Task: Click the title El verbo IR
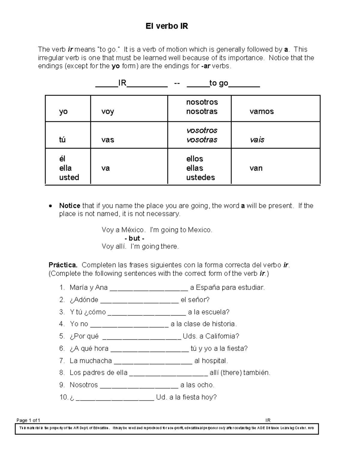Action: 167,26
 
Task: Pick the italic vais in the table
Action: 257,140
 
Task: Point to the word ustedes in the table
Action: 200,177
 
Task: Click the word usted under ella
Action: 69,177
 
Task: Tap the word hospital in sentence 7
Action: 214,361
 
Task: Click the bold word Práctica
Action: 63,265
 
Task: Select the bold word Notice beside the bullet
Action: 70,206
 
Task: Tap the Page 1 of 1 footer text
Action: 28,420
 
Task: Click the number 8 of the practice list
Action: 62,373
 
